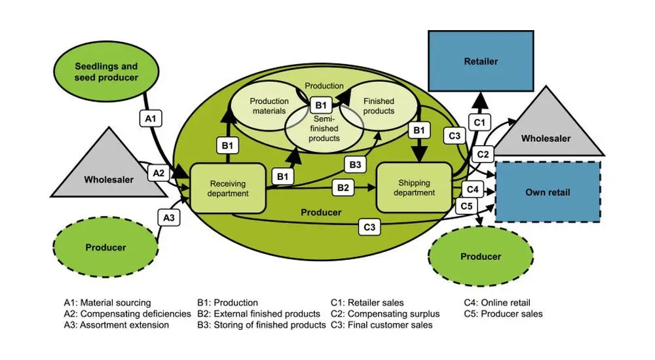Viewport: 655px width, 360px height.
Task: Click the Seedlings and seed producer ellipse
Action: point(106,72)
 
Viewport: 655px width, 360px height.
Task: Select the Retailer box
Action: point(481,62)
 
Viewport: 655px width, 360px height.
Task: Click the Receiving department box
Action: point(229,189)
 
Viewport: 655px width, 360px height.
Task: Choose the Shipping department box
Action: point(414,188)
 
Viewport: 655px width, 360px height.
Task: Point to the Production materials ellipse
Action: point(269,106)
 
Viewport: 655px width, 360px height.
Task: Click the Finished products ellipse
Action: point(378,106)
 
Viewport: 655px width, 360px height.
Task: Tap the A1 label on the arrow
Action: point(149,118)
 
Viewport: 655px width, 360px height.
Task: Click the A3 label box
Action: point(168,217)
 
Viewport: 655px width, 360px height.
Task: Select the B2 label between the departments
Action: point(343,187)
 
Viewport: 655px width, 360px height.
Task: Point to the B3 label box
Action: point(354,164)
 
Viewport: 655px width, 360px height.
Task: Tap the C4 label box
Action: point(474,189)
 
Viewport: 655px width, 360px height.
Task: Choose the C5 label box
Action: point(466,206)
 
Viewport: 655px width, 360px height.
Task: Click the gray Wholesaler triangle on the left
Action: point(109,171)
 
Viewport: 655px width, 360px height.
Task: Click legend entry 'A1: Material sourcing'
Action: point(107,302)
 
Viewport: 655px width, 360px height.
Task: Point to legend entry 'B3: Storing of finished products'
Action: point(261,325)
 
